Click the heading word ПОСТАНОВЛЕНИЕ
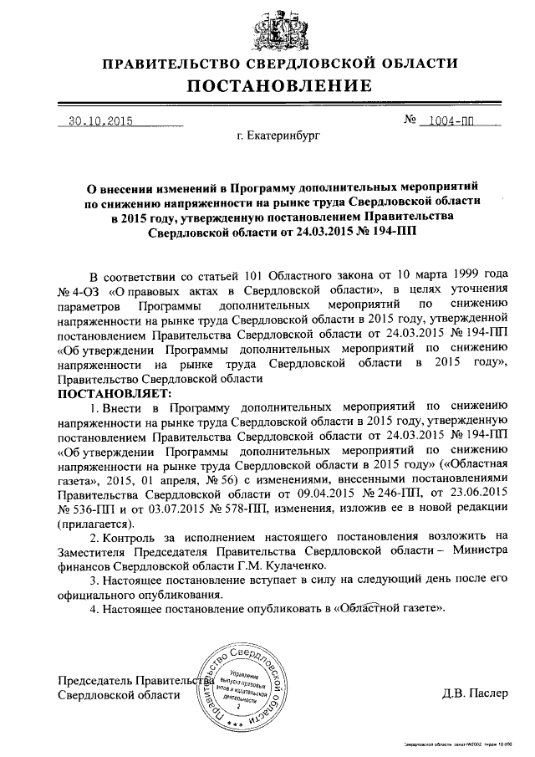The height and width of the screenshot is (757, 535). [x=279, y=85]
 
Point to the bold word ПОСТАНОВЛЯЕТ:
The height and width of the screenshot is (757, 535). [x=114, y=392]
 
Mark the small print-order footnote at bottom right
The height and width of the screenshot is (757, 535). [x=456, y=743]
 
